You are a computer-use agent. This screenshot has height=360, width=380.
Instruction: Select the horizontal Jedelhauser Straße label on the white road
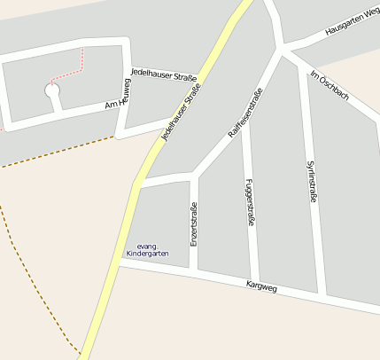(x=164, y=76)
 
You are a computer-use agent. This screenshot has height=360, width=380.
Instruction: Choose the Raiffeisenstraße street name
(x=244, y=113)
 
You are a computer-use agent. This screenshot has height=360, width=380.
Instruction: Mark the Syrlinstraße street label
(x=311, y=181)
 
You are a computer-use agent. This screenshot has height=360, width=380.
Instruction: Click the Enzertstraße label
(x=194, y=224)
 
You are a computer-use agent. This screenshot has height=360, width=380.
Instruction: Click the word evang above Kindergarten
(x=147, y=246)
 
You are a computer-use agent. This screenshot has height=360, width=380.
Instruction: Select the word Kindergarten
(x=147, y=254)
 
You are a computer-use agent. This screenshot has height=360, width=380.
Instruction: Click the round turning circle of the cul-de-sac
(x=52, y=90)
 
